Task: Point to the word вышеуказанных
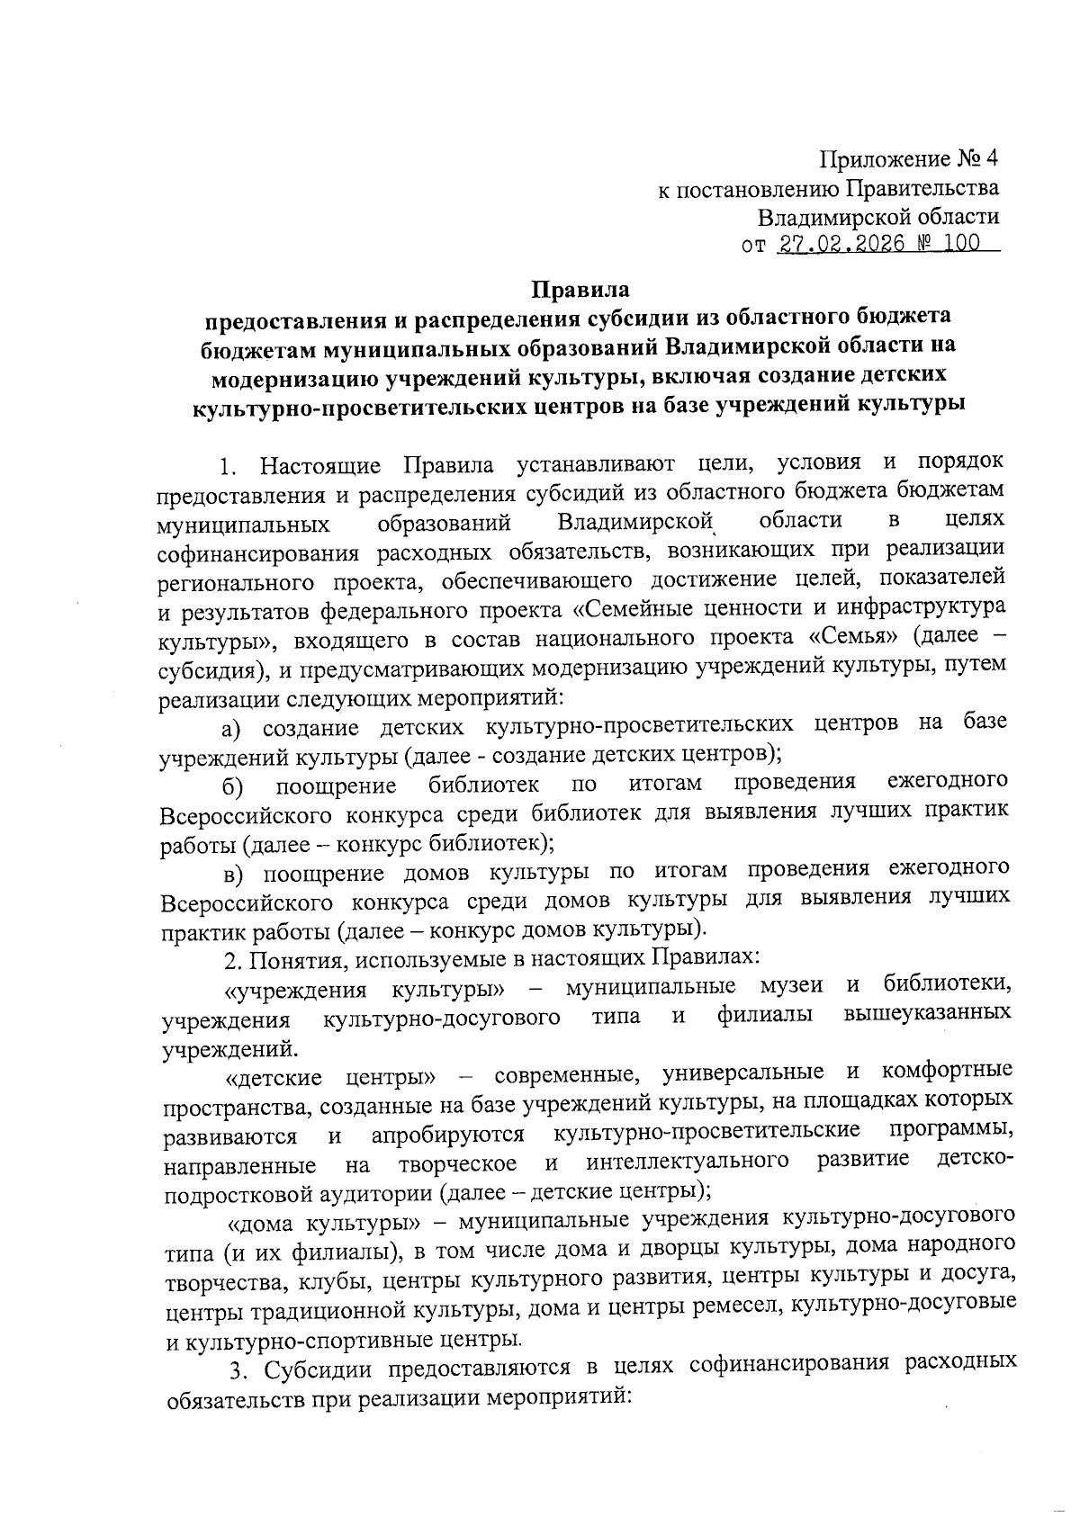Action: [927, 1015]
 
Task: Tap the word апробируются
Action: [447, 1133]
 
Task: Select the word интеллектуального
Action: [688, 1162]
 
